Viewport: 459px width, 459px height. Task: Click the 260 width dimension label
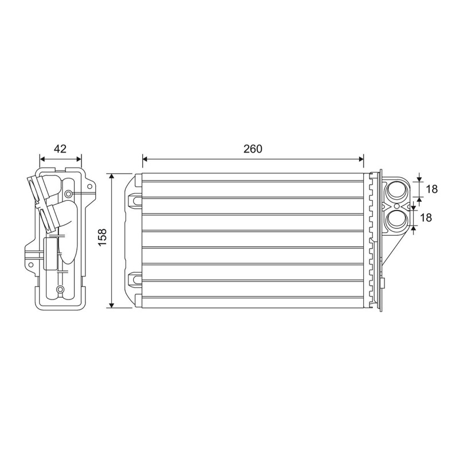252,149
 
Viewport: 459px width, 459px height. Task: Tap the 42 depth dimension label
60,149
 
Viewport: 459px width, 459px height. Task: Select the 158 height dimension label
103,237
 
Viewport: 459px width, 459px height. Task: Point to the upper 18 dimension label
432,189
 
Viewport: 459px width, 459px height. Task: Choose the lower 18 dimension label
426,217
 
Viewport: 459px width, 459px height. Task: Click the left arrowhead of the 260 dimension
145,159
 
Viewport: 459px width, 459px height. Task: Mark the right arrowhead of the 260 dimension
361,159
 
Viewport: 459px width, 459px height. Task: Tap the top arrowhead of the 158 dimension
111,176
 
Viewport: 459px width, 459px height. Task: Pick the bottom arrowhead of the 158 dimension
111,305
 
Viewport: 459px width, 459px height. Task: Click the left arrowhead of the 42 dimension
42,159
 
